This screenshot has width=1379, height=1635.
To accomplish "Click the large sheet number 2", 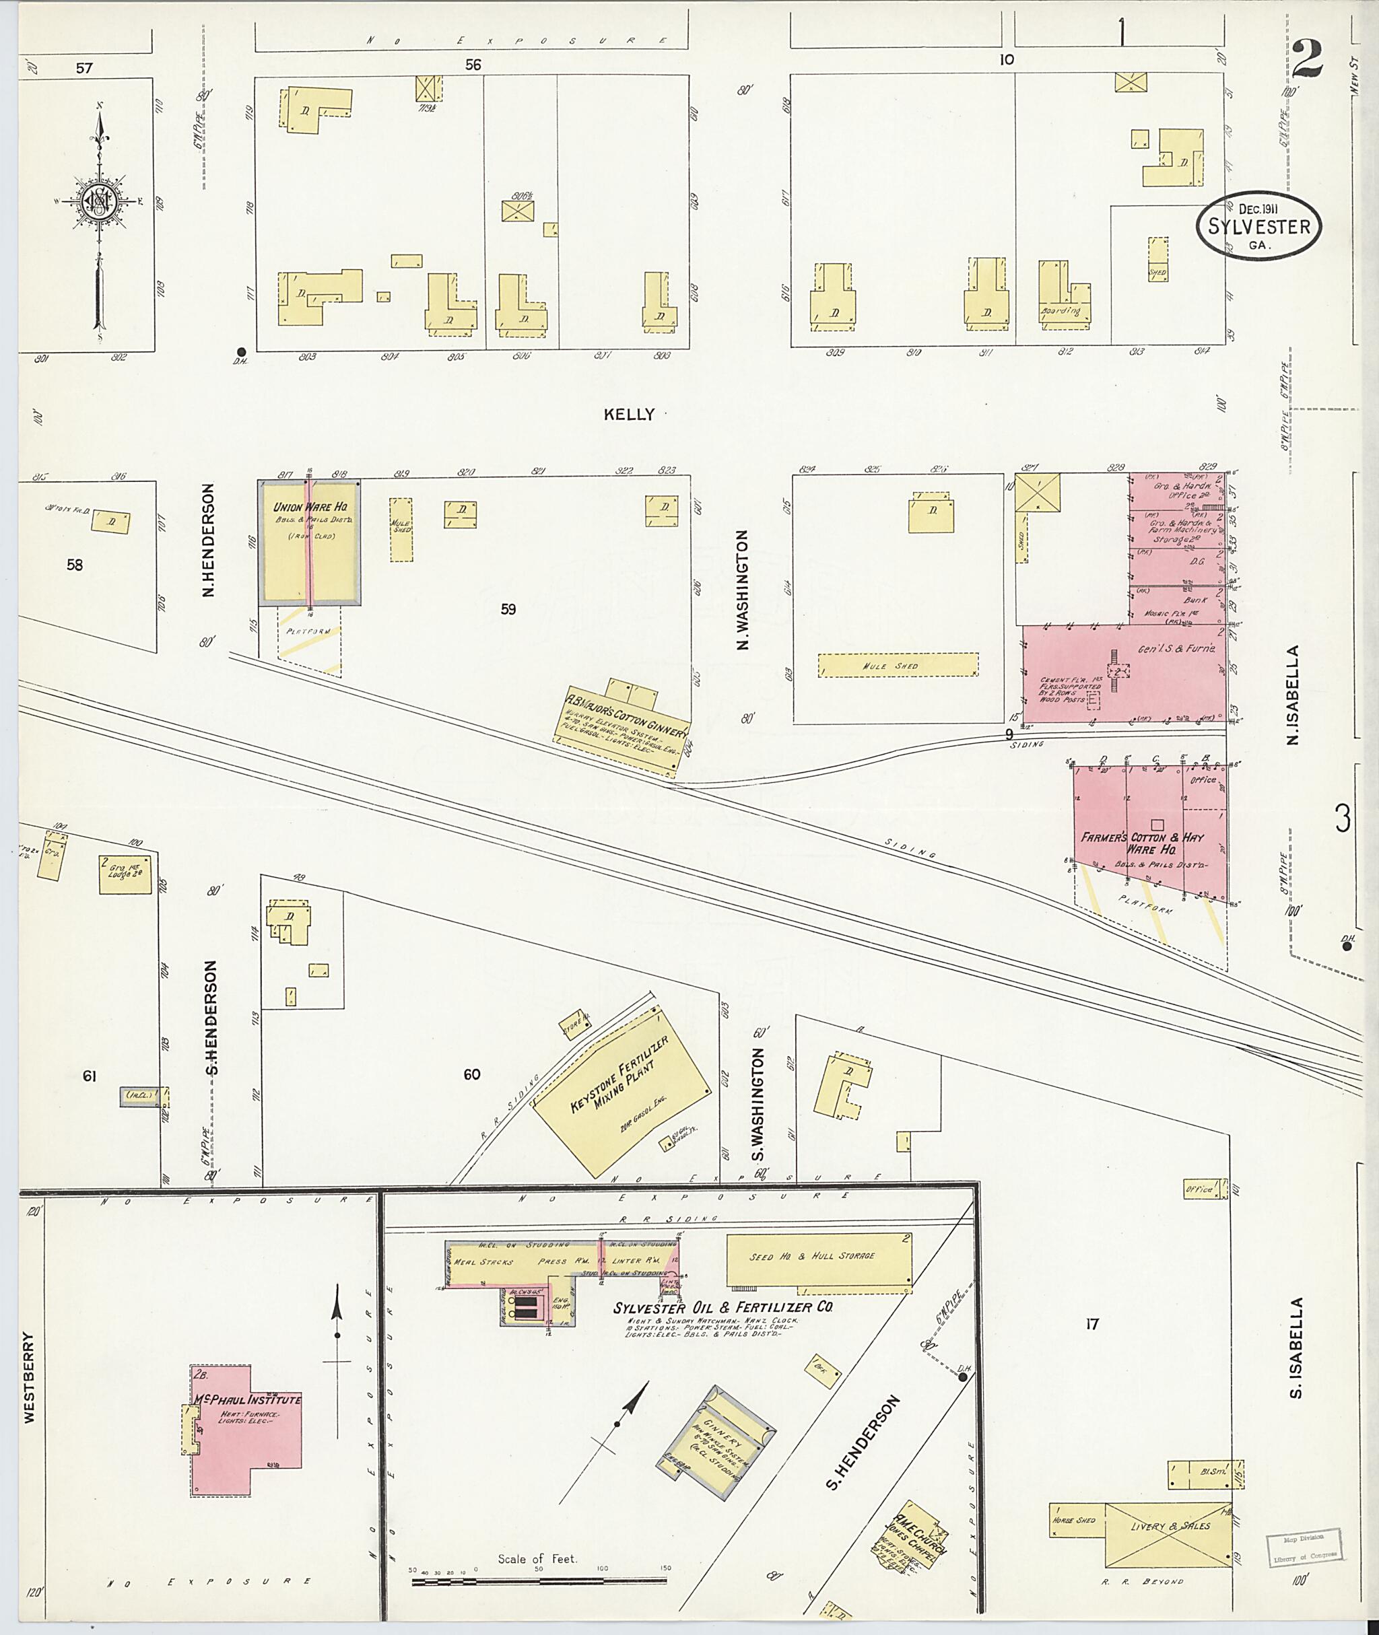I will click(1307, 59).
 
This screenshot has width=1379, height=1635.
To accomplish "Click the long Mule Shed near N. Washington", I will click(898, 665).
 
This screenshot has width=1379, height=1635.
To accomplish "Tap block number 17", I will click(1092, 1324).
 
